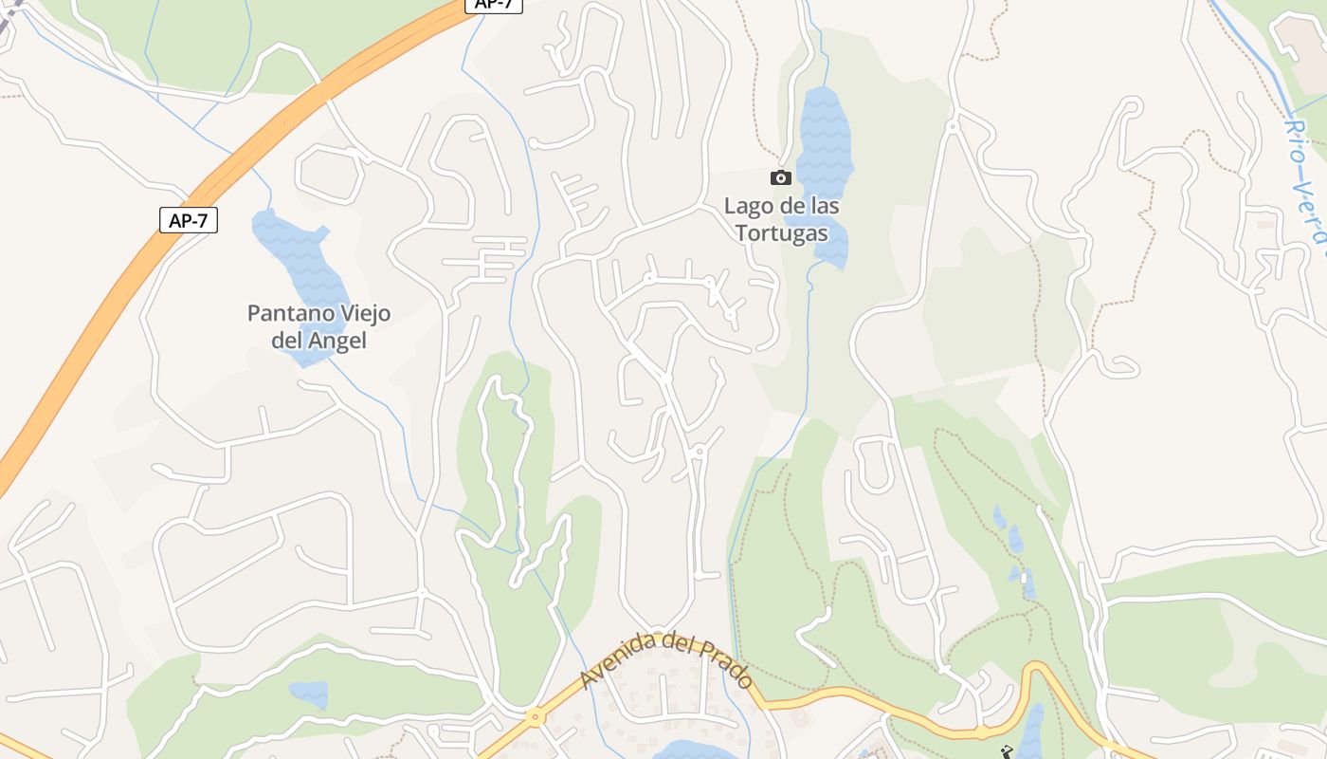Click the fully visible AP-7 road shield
click(x=189, y=220)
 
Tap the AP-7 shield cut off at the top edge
click(x=494, y=5)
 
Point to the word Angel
click(x=336, y=341)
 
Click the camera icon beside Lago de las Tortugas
click(x=781, y=177)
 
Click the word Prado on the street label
click(x=726, y=663)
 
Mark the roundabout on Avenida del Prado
click(x=536, y=717)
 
